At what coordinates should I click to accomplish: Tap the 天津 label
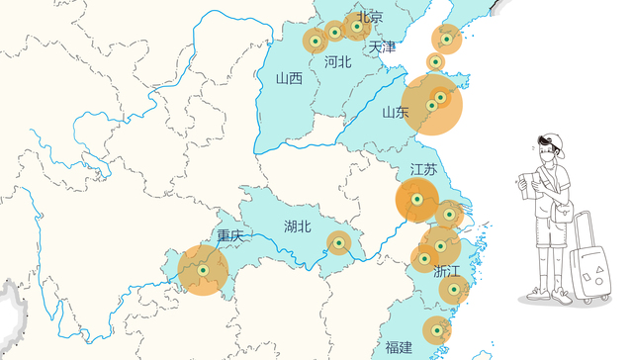point(381,46)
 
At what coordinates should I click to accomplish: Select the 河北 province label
point(337,61)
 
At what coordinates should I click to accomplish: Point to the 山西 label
point(289,78)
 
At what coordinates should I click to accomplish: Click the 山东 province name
point(395,112)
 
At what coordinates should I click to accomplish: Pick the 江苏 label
point(423,169)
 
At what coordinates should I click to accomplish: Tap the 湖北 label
point(297,226)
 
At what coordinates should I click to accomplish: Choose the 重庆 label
point(230,235)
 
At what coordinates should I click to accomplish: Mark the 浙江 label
point(446,270)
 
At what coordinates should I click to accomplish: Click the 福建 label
point(399,347)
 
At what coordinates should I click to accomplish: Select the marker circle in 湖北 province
point(338,242)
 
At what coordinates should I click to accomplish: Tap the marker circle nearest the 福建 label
point(436,330)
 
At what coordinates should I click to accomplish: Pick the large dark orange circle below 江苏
point(416,201)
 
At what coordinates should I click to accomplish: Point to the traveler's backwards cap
point(552,142)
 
